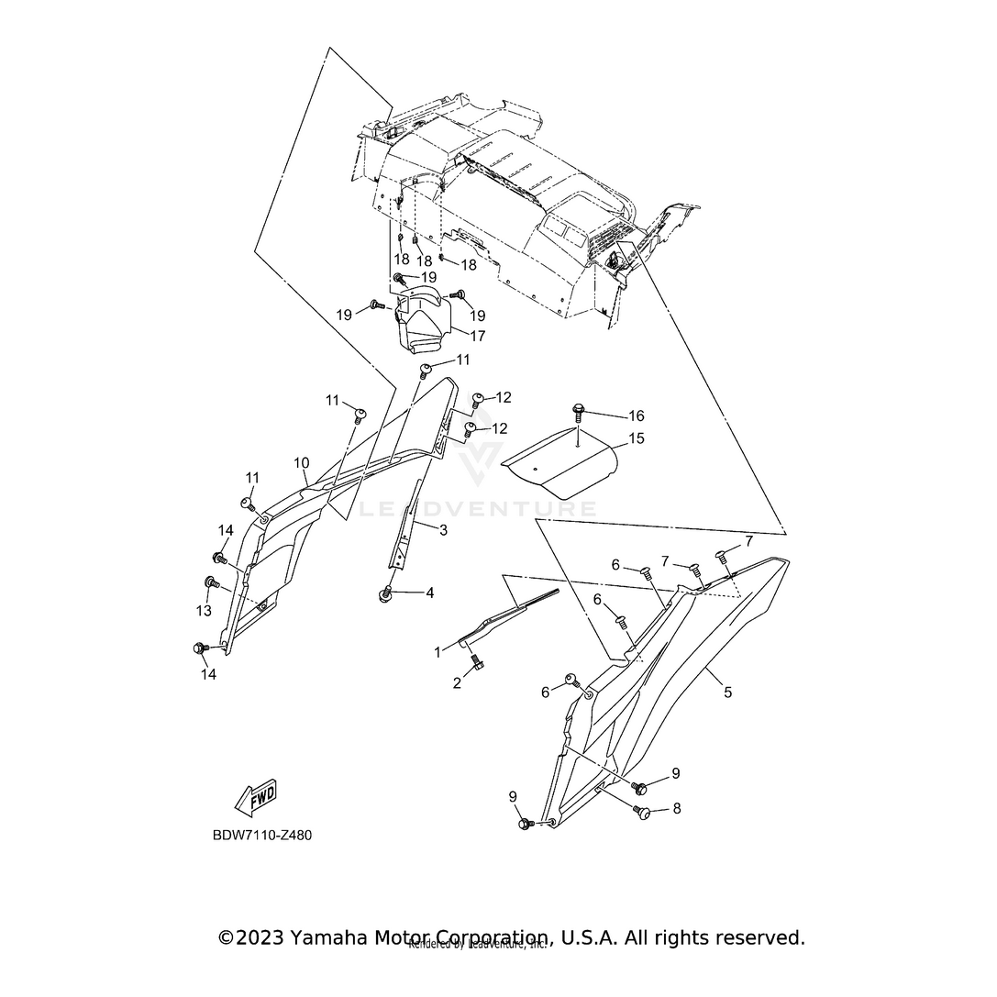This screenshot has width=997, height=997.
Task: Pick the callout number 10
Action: [302, 463]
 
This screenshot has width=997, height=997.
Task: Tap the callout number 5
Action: [727, 692]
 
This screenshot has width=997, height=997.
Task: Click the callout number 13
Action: [203, 610]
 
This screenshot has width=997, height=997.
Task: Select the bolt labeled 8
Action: [643, 811]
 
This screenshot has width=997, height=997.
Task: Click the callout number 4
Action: [429, 593]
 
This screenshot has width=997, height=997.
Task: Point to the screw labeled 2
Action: [477, 665]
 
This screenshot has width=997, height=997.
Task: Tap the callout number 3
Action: [442, 529]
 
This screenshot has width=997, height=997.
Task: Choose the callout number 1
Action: [438, 651]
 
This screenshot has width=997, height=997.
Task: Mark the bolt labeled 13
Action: [212, 582]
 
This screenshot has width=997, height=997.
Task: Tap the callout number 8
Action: [677, 808]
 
